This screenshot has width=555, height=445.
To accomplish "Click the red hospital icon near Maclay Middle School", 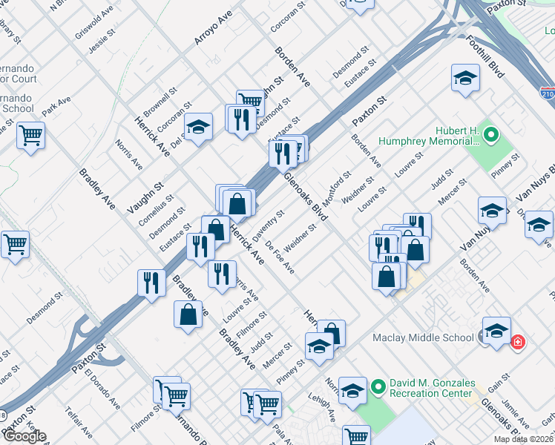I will tap(517, 342).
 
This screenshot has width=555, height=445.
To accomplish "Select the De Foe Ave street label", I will tap(280, 257).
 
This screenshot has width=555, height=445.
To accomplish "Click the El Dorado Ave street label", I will tap(102, 389).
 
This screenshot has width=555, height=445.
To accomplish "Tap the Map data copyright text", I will tap(523, 439).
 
